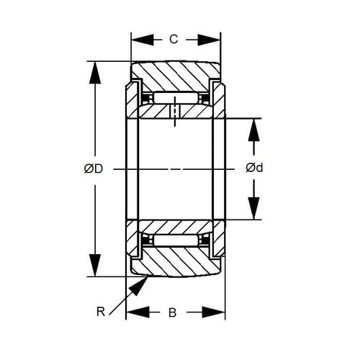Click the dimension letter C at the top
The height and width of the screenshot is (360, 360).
coord(174,40)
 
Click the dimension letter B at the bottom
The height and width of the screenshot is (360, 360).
coord(173,313)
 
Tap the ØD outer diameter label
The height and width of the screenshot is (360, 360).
coord(93,168)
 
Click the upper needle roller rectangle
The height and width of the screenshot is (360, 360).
coord(175,97)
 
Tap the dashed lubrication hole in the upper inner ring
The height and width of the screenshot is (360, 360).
coord(174,113)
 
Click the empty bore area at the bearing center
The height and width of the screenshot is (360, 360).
coord(175,168)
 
